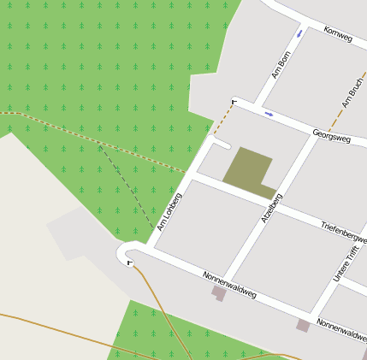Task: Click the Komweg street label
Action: [x=339, y=36]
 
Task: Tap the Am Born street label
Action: [x=281, y=65]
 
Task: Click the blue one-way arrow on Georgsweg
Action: [x=269, y=113]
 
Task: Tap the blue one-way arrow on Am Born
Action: [x=299, y=34]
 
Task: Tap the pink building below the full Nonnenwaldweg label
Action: [x=219, y=293]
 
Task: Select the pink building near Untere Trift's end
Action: [x=303, y=326]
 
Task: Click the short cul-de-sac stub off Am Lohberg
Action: [x=220, y=144]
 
